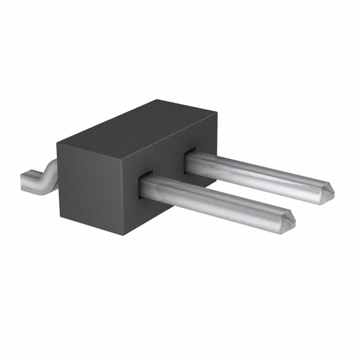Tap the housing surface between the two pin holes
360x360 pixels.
(169, 169)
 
